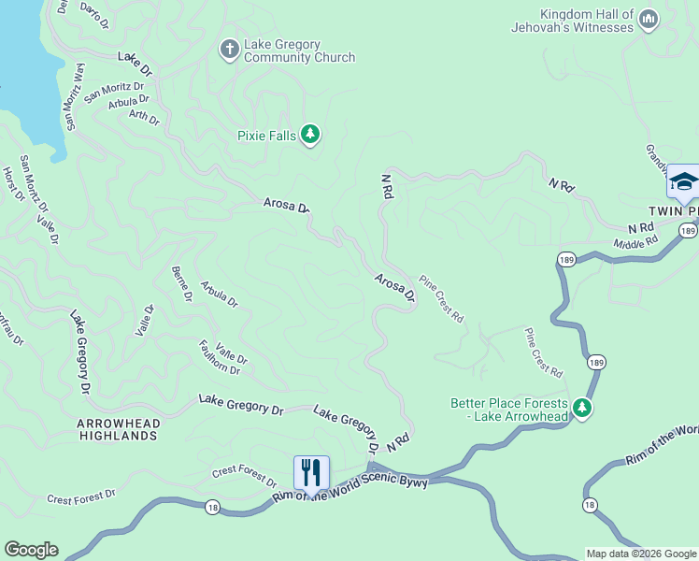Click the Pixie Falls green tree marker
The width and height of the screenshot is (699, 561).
(x=310, y=137)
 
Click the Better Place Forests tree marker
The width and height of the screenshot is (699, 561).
(x=582, y=409)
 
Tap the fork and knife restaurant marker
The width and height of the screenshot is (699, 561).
(x=311, y=472)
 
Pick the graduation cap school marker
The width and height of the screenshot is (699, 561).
(x=683, y=181)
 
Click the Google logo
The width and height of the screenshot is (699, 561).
(x=31, y=550)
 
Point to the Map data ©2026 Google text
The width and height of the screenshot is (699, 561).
(x=641, y=554)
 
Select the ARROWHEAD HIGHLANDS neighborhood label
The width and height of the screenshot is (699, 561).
(x=117, y=430)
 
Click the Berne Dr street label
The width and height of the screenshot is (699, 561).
(x=181, y=284)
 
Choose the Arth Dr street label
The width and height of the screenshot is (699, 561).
(x=145, y=117)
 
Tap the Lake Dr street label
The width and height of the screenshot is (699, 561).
(x=135, y=63)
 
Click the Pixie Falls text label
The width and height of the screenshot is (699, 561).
(x=266, y=137)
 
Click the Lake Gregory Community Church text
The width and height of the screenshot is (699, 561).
(x=299, y=50)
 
